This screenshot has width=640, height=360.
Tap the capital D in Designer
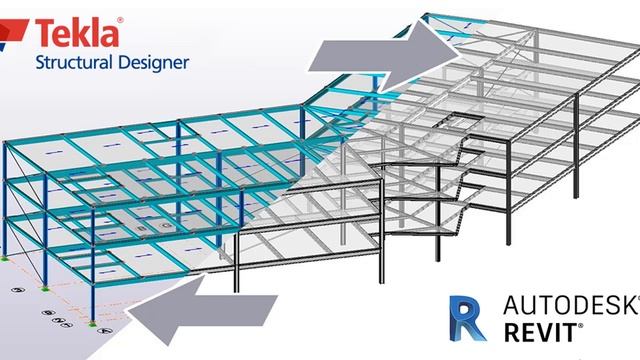[125, 62]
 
